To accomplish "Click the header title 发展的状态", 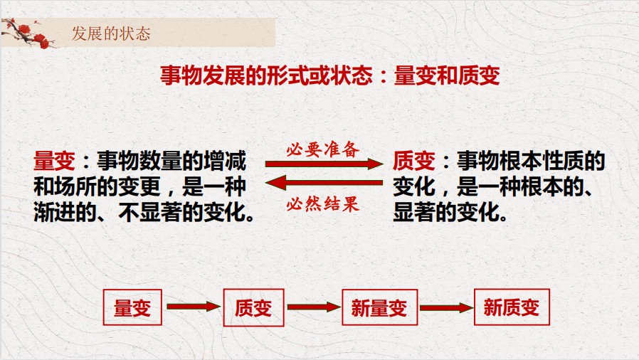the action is click(x=111, y=33).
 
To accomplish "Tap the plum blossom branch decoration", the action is click(x=28, y=33).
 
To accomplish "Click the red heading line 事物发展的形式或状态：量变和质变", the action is click(x=330, y=75).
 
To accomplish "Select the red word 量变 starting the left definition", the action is click(x=54, y=161).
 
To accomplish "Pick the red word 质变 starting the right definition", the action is click(x=414, y=161).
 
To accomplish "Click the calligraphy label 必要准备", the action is click(x=323, y=149).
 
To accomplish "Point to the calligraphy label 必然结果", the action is click(x=323, y=203).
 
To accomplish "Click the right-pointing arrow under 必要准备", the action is click(x=324, y=164).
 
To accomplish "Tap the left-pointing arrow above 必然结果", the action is click(x=324, y=182).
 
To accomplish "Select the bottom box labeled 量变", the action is click(x=132, y=307).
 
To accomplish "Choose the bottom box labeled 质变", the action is click(x=253, y=307).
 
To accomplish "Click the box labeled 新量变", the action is click(x=380, y=307).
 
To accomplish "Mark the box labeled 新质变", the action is click(x=512, y=307).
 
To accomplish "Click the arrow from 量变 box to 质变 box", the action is click(x=194, y=307).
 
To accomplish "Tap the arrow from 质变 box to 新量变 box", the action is click(x=314, y=307).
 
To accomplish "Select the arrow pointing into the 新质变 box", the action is click(x=447, y=307).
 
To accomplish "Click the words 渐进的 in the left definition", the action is click(x=65, y=212).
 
